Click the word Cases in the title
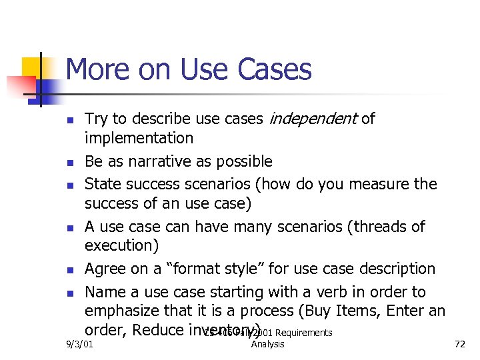(x=275, y=69)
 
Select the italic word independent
(x=312, y=119)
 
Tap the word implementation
(x=139, y=138)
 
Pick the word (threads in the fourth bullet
(x=377, y=227)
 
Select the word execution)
(x=121, y=245)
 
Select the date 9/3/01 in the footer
(x=80, y=344)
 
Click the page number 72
(x=459, y=344)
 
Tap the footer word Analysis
(x=268, y=344)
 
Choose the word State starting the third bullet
(x=101, y=183)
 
